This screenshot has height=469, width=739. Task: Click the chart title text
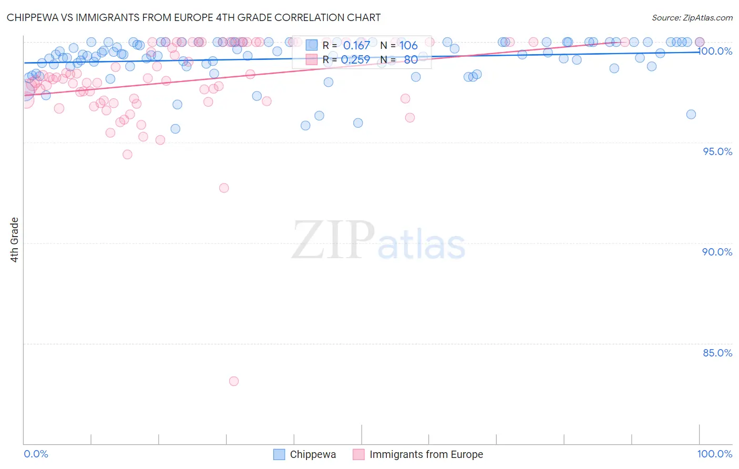[193, 17]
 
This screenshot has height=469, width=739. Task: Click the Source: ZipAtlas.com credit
[692, 18]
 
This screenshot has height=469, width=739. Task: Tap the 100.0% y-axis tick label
[715, 51]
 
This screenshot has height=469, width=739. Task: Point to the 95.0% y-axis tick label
[717, 151]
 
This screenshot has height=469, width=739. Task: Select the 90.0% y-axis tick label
[717, 252]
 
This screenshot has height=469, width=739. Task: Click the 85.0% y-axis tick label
[717, 353]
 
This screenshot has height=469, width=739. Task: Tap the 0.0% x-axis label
[36, 454]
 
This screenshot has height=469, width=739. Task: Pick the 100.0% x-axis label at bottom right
[714, 454]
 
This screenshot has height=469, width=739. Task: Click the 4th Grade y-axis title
[15, 239]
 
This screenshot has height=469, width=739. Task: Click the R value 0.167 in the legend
[356, 45]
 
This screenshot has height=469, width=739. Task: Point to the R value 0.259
[355, 60]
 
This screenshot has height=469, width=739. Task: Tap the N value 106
[408, 45]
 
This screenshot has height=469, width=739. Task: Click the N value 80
[410, 60]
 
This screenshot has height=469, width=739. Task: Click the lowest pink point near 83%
[234, 381]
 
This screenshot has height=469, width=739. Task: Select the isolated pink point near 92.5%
[224, 188]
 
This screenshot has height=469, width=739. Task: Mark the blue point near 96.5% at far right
[691, 115]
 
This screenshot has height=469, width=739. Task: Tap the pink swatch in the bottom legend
[358, 454]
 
